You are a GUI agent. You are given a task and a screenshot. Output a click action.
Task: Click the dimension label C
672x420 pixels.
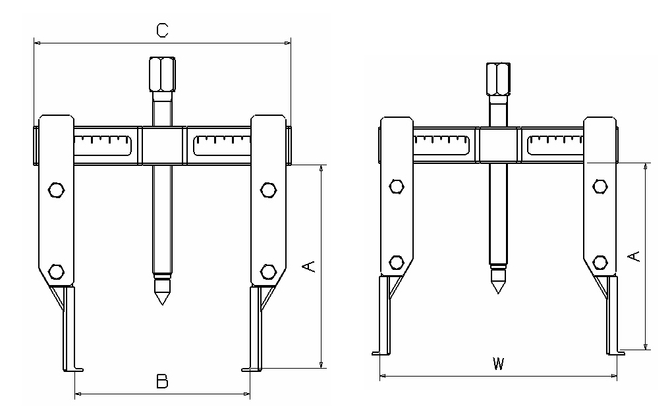[162, 29]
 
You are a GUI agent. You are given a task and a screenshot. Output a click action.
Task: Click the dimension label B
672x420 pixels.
[161, 381]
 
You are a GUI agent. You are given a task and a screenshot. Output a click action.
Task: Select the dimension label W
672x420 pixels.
[498, 364]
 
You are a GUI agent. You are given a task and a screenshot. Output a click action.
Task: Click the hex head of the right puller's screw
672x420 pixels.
[498, 77]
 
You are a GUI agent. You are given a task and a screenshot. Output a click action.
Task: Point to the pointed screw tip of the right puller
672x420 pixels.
[498, 286]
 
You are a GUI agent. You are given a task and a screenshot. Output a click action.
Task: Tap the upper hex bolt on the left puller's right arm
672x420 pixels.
[267, 190]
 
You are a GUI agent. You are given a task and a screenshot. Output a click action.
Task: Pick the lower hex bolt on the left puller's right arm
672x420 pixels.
[267, 271]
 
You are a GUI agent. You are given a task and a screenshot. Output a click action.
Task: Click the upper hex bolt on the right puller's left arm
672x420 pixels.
[397, 186]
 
